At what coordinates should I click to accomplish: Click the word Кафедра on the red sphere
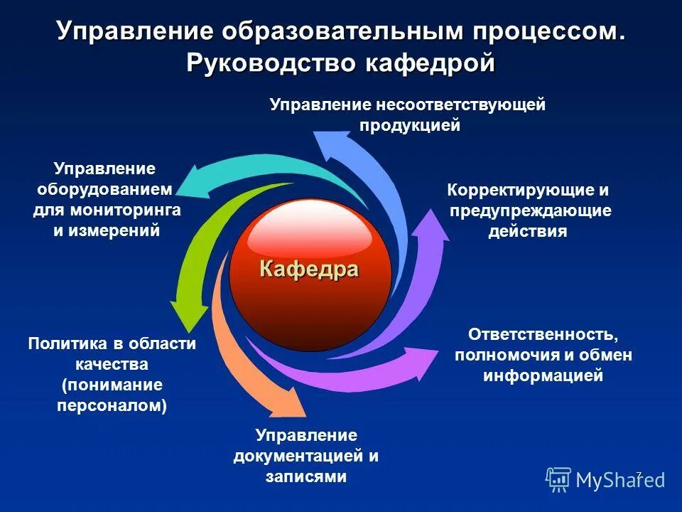309,270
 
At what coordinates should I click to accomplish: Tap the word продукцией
410,125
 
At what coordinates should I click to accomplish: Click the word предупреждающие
530,210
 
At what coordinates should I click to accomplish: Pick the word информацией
543,375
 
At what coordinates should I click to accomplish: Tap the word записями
306,476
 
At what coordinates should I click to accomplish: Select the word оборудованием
105,189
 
